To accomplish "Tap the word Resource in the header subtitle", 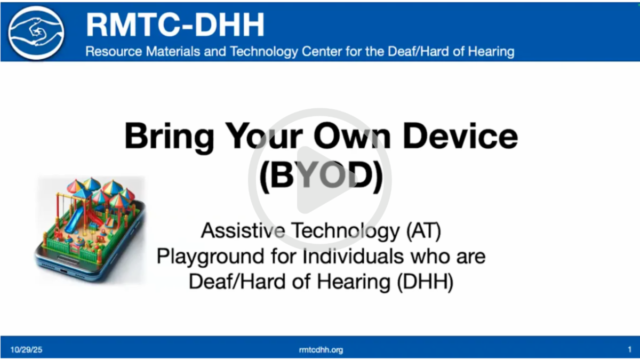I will (110, 52).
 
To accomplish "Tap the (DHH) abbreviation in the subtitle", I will (425, 282).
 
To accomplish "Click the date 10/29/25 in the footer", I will (26, 350).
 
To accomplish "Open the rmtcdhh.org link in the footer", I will (321, 350).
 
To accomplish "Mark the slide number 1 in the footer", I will (629, 350).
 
